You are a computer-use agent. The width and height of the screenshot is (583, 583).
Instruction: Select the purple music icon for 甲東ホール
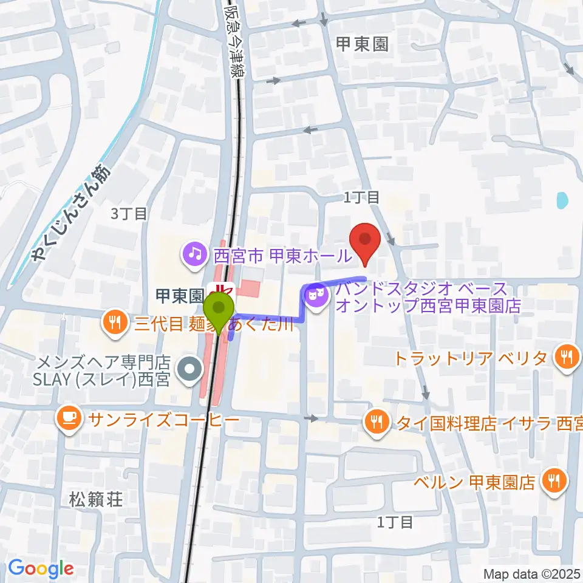[x=195, y=253]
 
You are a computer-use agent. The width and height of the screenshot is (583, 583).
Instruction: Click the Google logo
[x=41, y=569]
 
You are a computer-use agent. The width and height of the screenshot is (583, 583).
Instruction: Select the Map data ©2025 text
[x=532, y=573]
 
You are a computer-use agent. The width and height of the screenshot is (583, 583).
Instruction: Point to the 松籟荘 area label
[x=96, y=500]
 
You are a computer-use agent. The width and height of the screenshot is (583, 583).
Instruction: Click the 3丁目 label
[x=129, y=213]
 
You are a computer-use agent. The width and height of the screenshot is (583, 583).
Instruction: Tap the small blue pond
[x=562, y=200]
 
